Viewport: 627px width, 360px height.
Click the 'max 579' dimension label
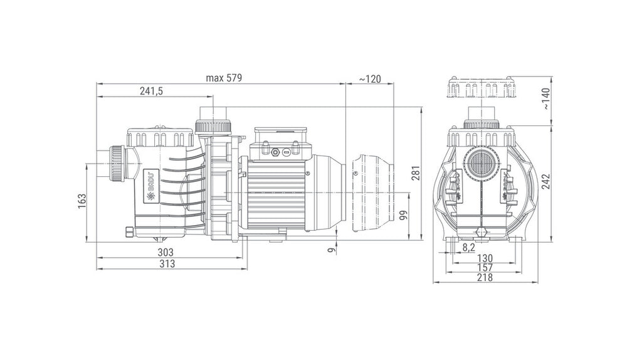(x=224, y=78)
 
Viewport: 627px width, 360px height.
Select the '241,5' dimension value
(x=151, y=91)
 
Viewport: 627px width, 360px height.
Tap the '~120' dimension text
(x=370, y=79)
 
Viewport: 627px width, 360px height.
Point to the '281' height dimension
(x=416, y=173)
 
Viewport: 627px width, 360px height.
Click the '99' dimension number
(x=403, y=215)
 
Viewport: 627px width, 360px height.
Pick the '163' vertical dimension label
(x=82, y=201)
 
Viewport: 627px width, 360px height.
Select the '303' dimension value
(x=166, y=252)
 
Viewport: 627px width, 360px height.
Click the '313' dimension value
(x=167, y=263)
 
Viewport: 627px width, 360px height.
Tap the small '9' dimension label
(x=330, y=250)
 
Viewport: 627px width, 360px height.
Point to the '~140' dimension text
(x=545, y=99)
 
